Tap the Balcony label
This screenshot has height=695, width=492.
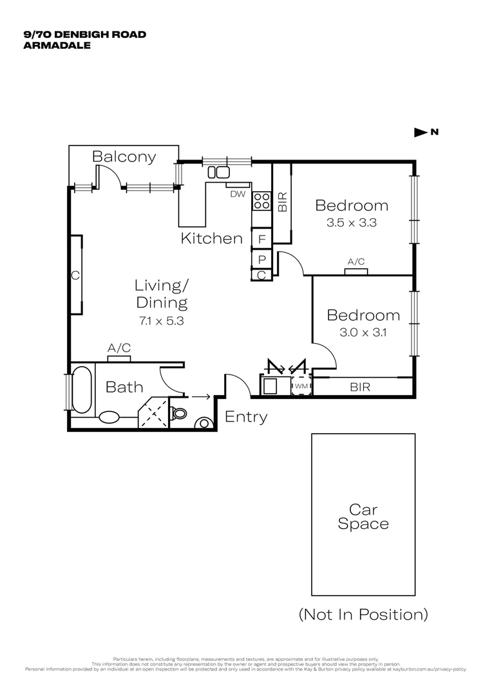(x=124, y=156)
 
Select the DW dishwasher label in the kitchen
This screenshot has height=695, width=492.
(x=237, y=194)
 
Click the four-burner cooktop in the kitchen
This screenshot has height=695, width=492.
(x=261, y=201)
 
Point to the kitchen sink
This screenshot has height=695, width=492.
(x=218, y=172)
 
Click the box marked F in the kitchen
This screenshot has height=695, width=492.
(x=261, y=239)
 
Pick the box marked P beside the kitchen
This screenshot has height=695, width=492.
(x=261, y=259)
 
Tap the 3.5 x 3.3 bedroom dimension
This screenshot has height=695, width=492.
(x=351, y=223)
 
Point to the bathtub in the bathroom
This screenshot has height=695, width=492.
(x=82, y=389)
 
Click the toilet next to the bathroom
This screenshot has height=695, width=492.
(x=180, y=412)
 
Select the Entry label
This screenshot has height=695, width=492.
(x=245, y=417)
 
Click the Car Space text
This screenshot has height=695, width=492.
(x=363, y=516)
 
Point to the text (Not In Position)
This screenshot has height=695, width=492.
(x=363, y=614)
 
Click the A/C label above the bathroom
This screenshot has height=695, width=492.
(x=119, y=348)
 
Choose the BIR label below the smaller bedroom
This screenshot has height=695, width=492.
(x=360, y=387)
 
